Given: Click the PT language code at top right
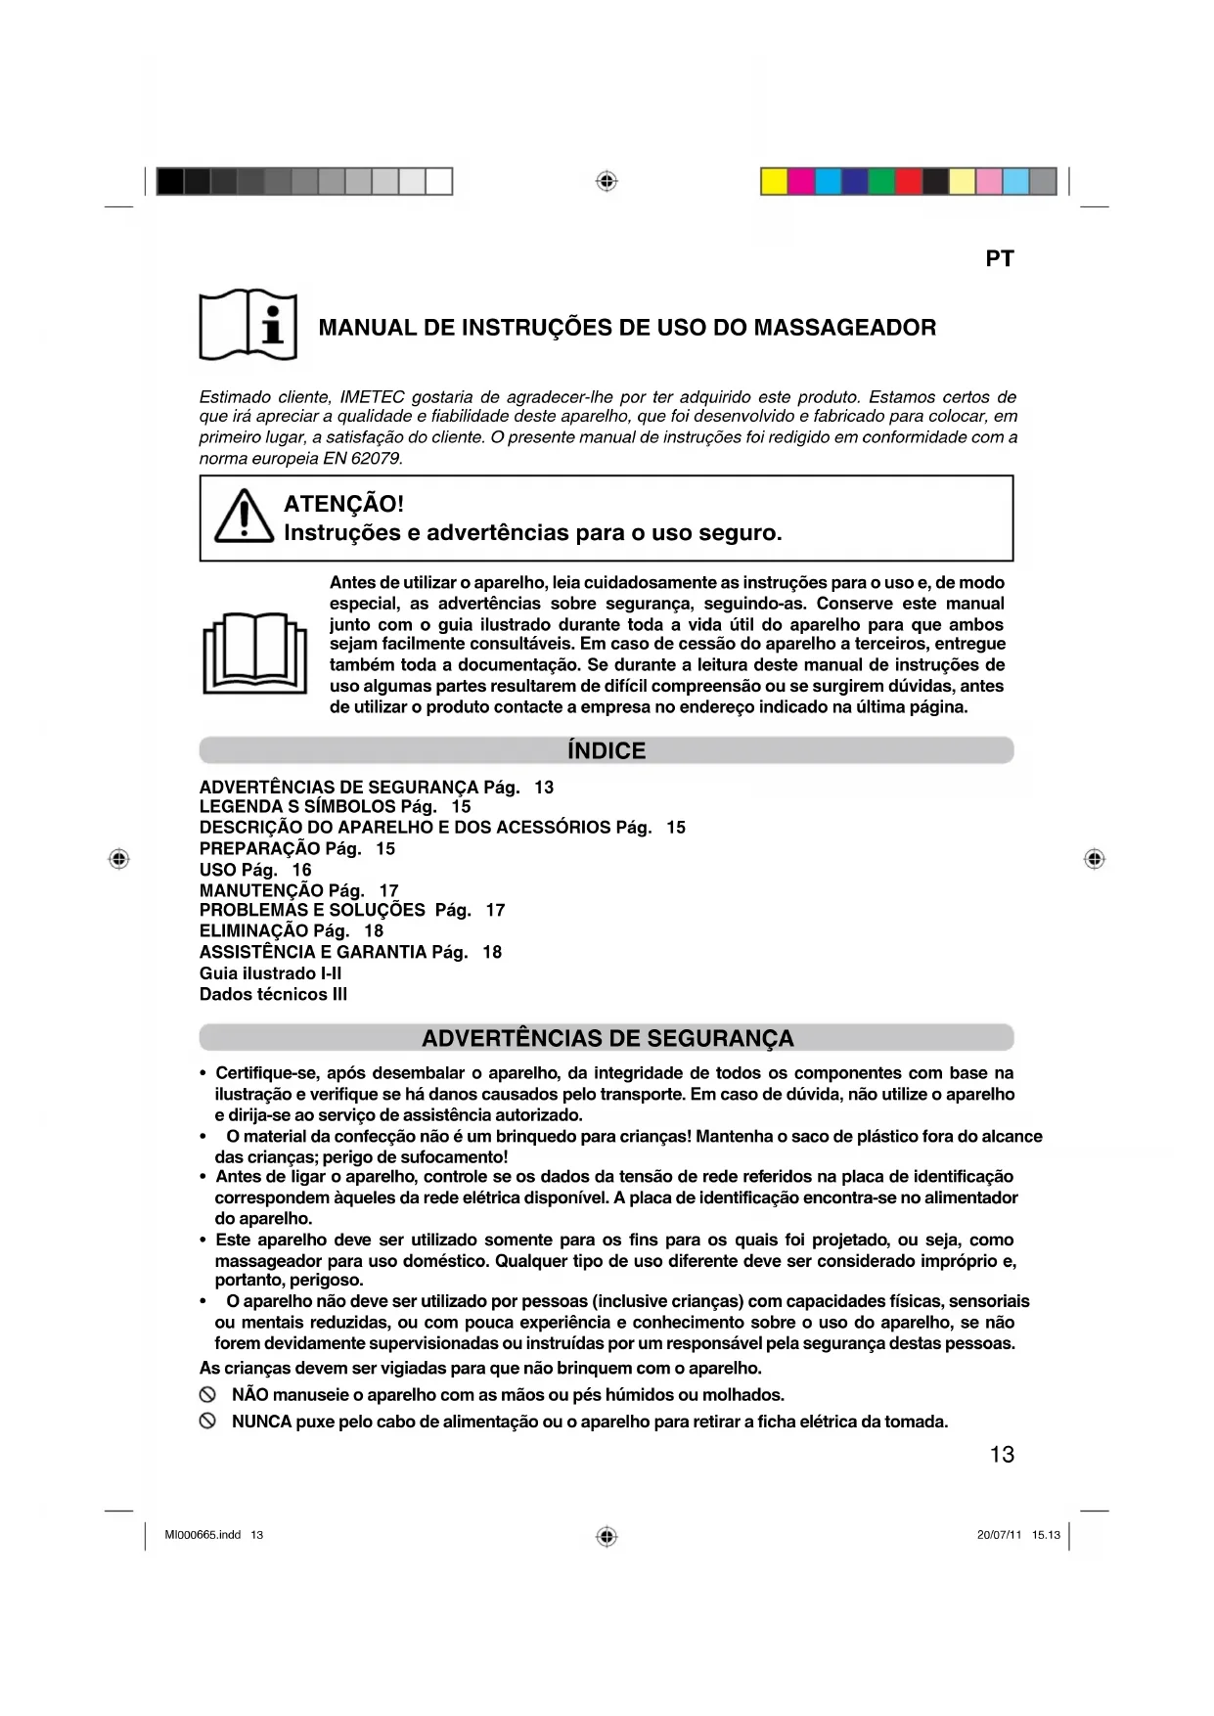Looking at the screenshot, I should (x=999, y=259).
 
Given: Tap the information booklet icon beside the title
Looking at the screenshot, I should (x=247, y=325).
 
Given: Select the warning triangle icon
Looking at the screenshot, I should (x=244, y=516).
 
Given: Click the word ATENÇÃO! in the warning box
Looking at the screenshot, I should (x=343, y=504).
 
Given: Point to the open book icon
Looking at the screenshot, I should (x=254, y=653).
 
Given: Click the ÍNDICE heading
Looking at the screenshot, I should (x=607, y=750).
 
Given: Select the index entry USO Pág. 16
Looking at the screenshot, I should (x=255, y=870).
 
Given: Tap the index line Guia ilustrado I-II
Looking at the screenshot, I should (x=271, y=973).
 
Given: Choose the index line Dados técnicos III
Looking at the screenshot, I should (x=273, y=994).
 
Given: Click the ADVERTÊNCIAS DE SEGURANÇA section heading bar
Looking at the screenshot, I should (x=607, y=1038).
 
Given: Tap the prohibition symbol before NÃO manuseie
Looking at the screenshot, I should (x=207, y=1395).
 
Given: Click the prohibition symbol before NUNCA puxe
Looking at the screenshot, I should (x=207, y=1422).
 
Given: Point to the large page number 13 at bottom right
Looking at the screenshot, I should (x=1002, y=1455).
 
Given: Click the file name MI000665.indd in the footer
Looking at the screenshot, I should (x=202, y=1535).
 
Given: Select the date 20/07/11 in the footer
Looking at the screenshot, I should (x=998, y=1535).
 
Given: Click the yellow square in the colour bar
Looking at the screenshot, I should (x=774, y=182).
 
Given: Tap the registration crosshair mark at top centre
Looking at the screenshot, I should (x=607, y=182).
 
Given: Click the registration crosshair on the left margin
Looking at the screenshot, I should (x=119, y=859).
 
